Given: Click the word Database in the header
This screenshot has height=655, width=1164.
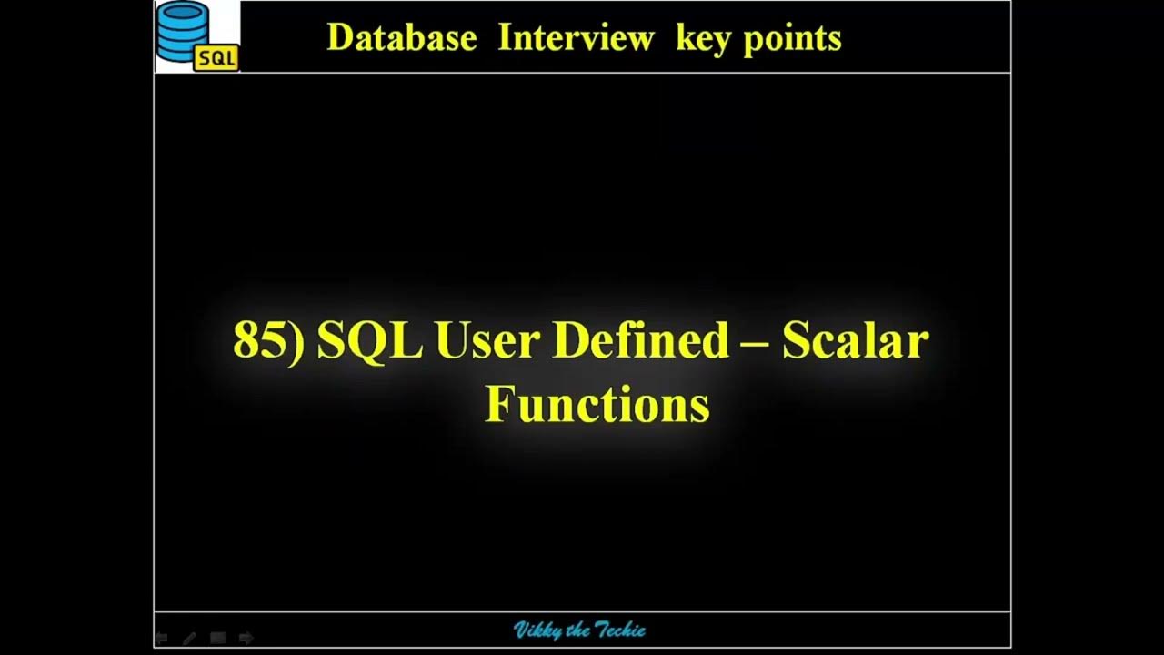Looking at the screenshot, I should (x=401, y=38).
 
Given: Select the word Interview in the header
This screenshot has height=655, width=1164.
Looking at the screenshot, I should (x=576, y=38).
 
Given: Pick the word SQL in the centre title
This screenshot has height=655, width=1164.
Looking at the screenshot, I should (x=369, y=341).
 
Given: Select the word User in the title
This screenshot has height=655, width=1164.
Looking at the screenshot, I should (x=487, y=341).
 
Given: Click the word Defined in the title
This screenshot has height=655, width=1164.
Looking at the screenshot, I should (x=641, y=341).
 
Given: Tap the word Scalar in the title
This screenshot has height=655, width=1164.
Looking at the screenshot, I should (x=856, y=341).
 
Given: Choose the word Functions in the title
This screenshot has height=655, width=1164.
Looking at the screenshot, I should (x=597, y=403).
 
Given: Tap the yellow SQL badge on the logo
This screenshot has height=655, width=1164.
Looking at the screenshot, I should (x=216, y=59).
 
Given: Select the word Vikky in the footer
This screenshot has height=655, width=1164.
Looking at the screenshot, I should (x=537, y=630).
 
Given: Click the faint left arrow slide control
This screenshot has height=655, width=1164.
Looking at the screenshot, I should (x=162, y=639).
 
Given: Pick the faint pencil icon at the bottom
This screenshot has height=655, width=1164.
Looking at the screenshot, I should (x=189, y=639).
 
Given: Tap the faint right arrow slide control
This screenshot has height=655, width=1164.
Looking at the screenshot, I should (x=246, y=639).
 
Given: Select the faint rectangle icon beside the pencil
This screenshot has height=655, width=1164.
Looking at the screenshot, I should (x=217, y=639).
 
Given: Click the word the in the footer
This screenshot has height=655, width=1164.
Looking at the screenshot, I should (x=578, y=630).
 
